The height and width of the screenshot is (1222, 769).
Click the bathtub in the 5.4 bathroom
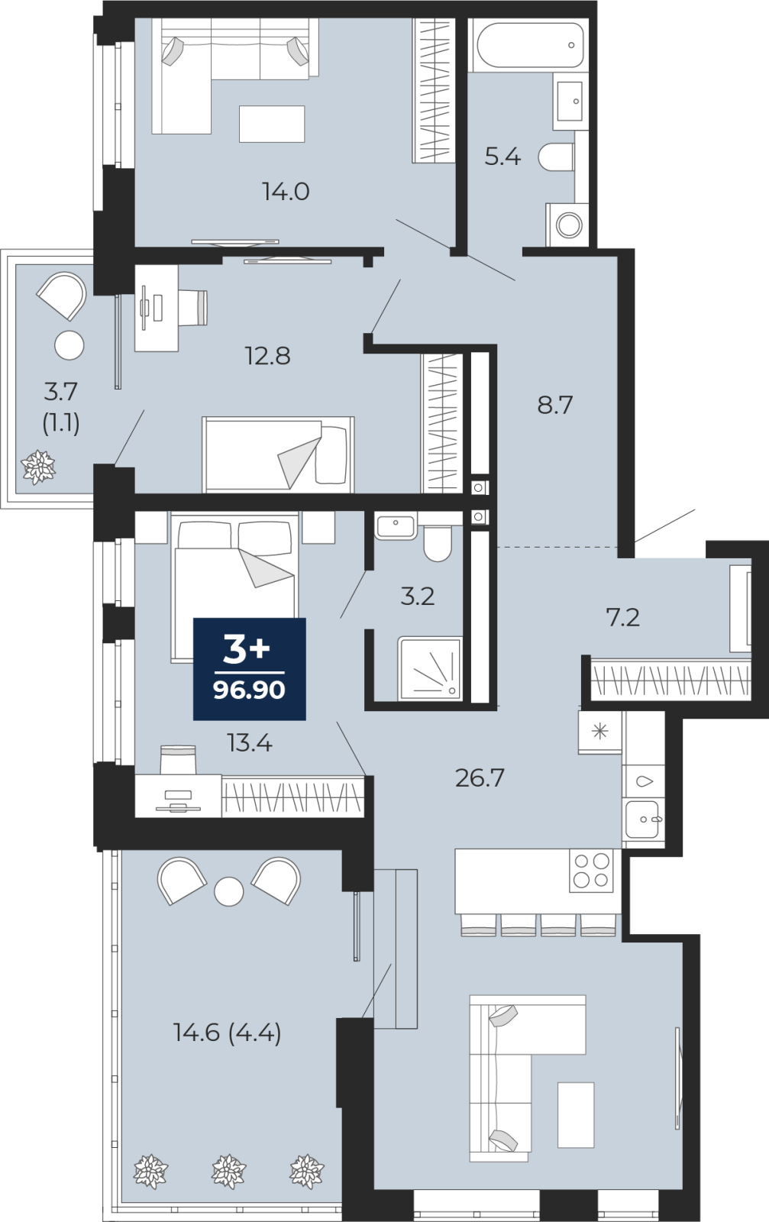click(528, 45)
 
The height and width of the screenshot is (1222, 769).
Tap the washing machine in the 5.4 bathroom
click(567, 225)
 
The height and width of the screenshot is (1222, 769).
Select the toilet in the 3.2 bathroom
click(438, 543)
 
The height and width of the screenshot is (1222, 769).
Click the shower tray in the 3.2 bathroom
click(430, 668)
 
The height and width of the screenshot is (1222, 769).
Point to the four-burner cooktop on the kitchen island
click(591, 871)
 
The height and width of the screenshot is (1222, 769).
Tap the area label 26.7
click(480, 778)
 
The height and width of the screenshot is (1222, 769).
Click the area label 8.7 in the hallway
click(554, 406)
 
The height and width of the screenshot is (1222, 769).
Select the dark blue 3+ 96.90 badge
click(249, 669)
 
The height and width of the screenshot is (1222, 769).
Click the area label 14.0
click(286, 192)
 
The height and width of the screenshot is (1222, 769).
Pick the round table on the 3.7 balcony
click(69, 345)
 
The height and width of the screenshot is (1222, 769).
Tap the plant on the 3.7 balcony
click(38, 467)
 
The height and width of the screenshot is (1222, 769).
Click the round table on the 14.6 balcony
click(228, 891)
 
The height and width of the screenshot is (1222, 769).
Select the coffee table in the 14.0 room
click(272, 124)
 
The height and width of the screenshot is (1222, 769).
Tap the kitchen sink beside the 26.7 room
click(643, 819)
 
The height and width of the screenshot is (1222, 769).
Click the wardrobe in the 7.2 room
click(671, 680)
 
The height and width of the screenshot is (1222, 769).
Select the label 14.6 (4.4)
click(227, 1033)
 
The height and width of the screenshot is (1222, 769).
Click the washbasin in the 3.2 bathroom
click(396, 525)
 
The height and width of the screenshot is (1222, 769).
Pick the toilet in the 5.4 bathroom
click(556, 157)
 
